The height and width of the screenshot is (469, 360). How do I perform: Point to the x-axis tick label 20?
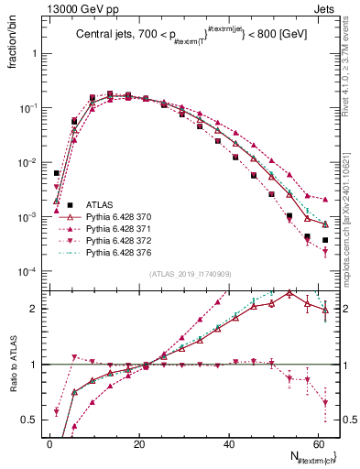(139, 443)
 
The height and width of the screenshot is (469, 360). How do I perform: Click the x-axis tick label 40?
(229, 443)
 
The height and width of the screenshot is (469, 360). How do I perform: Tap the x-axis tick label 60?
(319, 443)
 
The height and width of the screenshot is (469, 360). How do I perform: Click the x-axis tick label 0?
(49, 443)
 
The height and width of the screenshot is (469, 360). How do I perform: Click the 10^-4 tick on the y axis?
(27, 272)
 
